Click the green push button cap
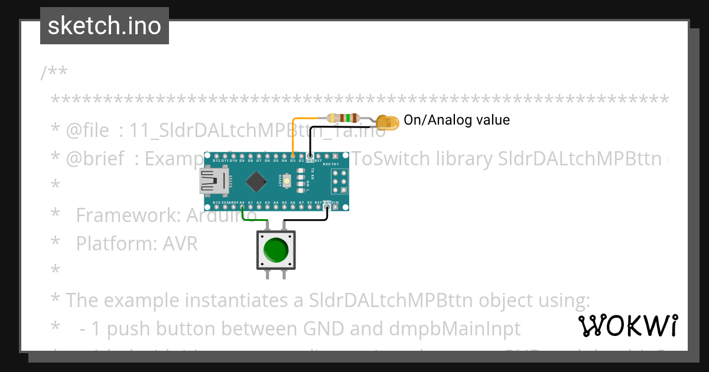(276, 250)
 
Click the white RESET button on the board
(287, 181)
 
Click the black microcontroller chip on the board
(256, 181)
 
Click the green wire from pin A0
(254, 220)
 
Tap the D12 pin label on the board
(216, 161)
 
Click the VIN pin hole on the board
(336, 207)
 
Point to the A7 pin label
(301, 203)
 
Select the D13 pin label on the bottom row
(216, 203)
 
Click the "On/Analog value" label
(456, 120)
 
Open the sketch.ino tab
(105, 26)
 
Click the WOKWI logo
(627, 325)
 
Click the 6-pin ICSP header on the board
(339, 181)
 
